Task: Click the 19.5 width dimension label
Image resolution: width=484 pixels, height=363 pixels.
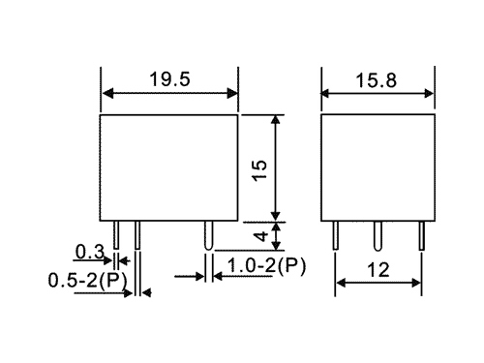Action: point(169,79)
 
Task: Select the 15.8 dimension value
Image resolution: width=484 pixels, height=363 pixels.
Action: point(376,80)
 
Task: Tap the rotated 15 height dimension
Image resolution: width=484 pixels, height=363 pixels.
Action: point(260,170)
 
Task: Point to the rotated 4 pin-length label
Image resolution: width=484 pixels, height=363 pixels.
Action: point(261,236)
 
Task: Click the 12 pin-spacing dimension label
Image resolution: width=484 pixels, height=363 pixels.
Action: point(378,270)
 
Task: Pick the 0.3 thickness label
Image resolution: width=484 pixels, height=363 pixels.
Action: point(90,252)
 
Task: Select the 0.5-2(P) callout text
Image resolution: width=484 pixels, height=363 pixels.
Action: point(87,280)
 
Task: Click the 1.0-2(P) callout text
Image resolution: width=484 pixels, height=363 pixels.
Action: point(266,266)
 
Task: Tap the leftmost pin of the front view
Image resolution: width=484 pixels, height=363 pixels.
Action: point(116,235)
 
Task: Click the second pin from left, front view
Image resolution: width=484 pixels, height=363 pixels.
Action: point(137,235)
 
